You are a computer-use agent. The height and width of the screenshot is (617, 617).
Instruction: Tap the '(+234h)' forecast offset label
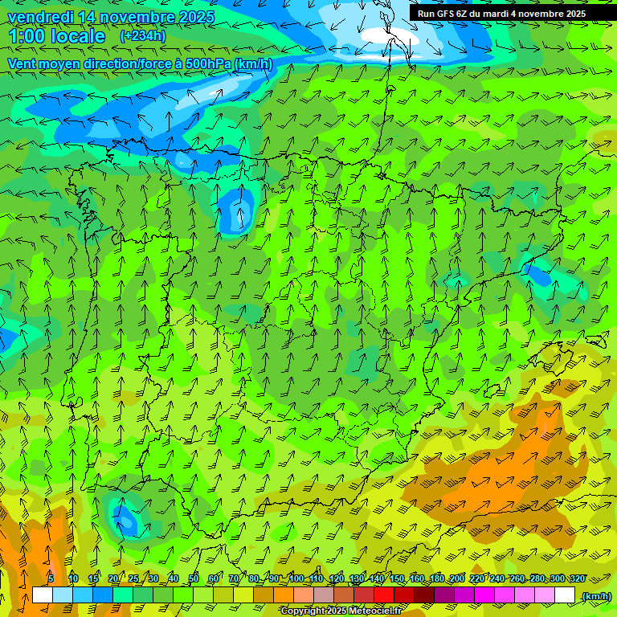click(142, 35)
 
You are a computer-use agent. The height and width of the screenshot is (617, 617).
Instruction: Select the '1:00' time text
click(27, 36)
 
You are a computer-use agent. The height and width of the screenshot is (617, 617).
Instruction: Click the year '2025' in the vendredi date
click(196, 17)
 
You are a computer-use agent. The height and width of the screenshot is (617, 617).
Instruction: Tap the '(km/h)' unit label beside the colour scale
click(595, 596)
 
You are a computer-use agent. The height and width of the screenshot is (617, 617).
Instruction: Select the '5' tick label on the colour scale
click(51, 578)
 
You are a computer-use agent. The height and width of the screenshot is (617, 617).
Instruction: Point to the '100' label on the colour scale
click(296, 578)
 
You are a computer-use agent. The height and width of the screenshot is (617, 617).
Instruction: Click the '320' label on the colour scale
click(577, 578)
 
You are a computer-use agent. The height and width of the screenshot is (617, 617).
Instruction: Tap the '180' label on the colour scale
click(437, 578)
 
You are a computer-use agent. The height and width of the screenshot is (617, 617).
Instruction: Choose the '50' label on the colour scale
click(194, 578)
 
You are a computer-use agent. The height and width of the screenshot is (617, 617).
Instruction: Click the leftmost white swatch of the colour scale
click(43, 595)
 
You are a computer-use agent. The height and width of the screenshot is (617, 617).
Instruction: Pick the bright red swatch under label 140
click(384, 595)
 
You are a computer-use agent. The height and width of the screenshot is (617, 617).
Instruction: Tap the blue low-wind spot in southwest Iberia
click(126, 519)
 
